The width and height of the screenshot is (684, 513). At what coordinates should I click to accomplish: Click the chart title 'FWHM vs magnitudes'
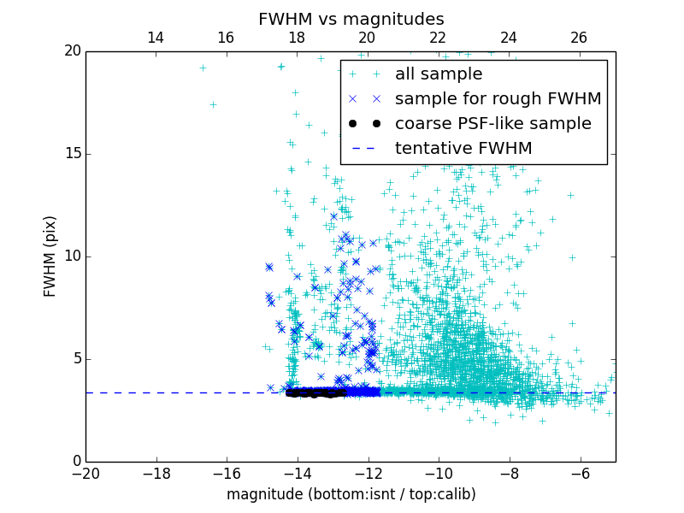tap(351, 19)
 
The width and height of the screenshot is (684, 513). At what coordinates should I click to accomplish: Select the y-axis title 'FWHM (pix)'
tap(50, 256)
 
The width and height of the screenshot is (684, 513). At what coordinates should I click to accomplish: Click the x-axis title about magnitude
tap(351, 494)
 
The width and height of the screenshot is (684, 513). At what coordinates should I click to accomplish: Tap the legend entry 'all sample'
tap(438, 74)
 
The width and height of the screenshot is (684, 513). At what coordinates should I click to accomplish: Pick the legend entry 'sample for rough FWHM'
tap(498, 99)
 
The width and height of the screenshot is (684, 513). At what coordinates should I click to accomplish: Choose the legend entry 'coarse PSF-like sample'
tap(492, 124)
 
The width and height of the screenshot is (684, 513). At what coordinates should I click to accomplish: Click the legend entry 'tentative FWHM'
tap(463, 149)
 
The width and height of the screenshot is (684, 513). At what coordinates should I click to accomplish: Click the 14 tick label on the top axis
tap(156, 38)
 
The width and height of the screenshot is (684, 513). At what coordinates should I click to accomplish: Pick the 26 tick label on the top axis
tap(579, 38)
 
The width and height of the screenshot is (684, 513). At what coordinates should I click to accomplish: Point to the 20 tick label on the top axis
tap(367, 38)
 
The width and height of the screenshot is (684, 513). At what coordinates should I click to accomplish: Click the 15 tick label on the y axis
tap(72, 154)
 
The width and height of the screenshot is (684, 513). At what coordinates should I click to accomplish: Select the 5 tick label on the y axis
tap(76, 359)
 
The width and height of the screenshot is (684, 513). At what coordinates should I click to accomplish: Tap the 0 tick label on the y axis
tap(76, 462)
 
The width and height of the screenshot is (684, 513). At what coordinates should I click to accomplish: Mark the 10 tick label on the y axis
tap(72, 256)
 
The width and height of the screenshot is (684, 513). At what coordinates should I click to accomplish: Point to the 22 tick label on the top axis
tap(438, 38)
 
